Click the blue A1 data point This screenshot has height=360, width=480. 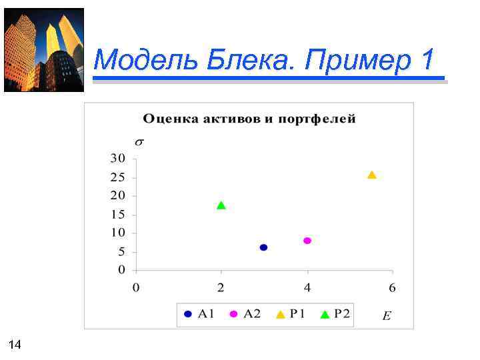pos(263,247)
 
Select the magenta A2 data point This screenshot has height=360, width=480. pos(307,241)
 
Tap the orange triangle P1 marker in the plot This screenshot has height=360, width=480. pos(372,175)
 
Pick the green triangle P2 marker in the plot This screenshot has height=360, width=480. pos(221,205)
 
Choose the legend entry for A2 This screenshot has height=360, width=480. pos(245,314)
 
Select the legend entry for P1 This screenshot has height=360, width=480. pos(291,314)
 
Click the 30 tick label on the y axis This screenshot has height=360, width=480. pos(117,159)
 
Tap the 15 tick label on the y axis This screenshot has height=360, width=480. pos(117,215)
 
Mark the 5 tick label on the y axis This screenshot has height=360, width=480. pos(121,252)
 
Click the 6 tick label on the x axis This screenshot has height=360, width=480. pos(392,288)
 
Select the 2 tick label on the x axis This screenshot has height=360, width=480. pos(221,288)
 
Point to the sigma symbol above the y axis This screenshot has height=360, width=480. pos(139,141)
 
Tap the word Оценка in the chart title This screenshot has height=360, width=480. pos(169,119)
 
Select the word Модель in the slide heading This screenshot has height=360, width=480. pos(138,61)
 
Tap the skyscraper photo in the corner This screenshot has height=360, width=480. pos(44,50)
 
